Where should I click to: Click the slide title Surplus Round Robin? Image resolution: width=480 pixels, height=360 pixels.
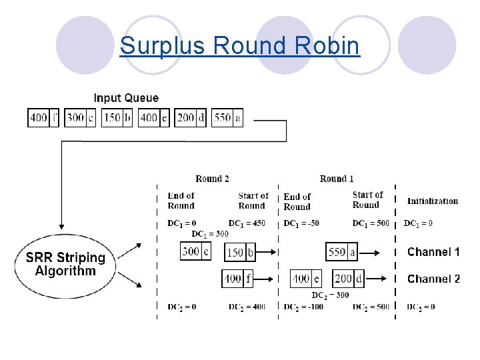(x=239, y=46)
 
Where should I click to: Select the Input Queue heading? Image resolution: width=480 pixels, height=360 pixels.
(x=126, y=98)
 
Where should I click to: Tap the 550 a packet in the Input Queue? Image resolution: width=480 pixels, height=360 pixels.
(x=227, y=118)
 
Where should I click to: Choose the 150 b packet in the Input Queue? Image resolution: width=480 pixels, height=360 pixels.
(x=117, y=118)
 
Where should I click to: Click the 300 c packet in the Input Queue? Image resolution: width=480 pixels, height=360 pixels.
(x=81, y=118)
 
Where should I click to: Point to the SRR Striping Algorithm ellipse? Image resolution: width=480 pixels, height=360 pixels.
(x=65, y=264)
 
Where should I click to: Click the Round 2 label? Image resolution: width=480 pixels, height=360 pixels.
(x=212, y=179)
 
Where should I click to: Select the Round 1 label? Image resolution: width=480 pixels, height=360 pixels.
(x=337, y=179)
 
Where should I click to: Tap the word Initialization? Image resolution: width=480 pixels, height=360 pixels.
(x=433, y=201)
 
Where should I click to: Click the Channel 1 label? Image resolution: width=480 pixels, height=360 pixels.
(x=433, y=252)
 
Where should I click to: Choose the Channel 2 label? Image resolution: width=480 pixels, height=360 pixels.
(x=433, y=279)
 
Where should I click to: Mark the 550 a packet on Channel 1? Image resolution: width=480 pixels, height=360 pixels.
(x=342, y=252)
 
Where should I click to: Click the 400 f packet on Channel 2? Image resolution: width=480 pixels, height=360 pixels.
(x=238, y=279)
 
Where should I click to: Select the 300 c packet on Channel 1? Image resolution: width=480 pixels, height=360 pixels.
(x=196, y=251)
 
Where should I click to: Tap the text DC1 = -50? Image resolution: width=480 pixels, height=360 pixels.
(x=301, y=223)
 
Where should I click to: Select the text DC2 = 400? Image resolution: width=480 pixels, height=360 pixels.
(x=247, y=307)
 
